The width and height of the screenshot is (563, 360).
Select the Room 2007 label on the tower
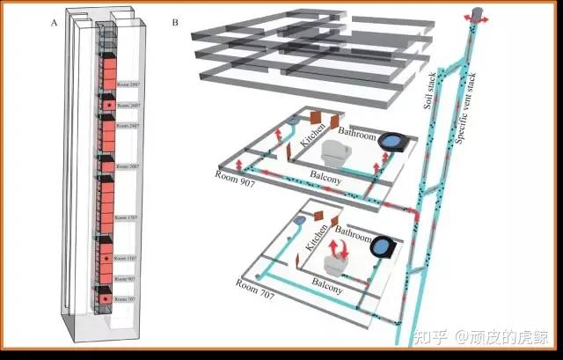128,166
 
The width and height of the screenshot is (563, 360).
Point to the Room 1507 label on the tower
128,217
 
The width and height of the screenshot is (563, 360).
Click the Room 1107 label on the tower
128,257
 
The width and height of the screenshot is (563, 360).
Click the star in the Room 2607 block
107,105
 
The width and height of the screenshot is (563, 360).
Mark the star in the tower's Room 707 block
106,299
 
